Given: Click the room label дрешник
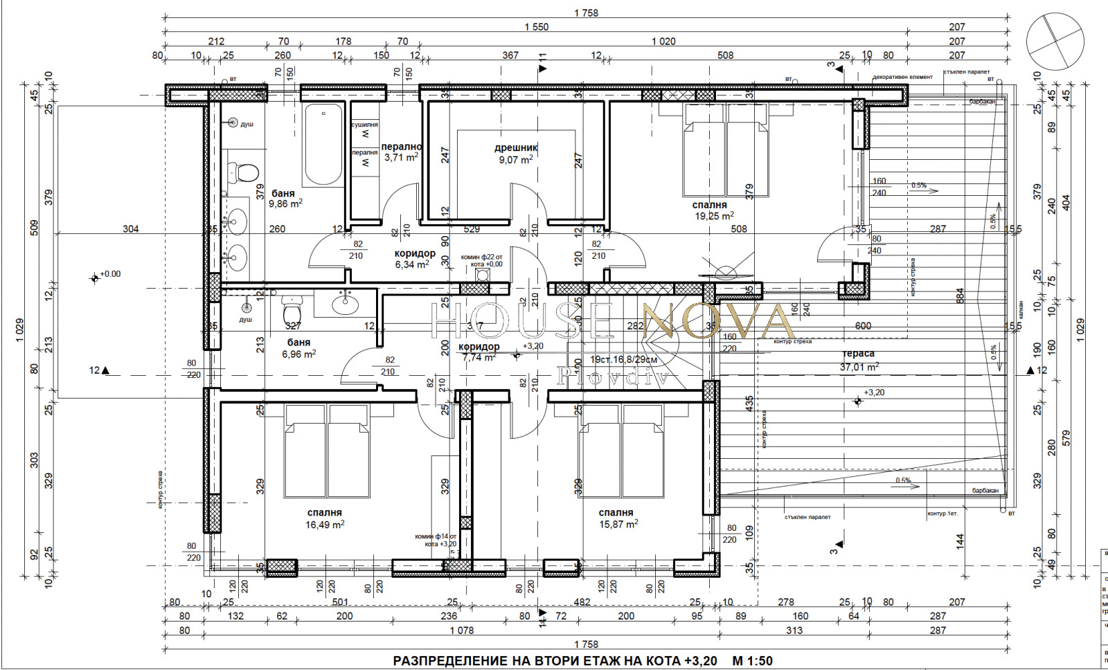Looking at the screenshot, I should pyautogui.click(x=516, y=147).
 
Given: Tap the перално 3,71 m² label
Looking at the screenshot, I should pyautogui.click(x=401, y=152).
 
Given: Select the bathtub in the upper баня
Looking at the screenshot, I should pyautogui.click(x=323, y=145).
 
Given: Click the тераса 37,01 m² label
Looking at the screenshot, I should pyautogui.click(x=859, y=360).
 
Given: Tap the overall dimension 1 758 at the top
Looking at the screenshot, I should pyautogui.click(x=586, y=12).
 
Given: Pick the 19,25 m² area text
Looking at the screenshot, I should pyautogui.click(x=714, y=216).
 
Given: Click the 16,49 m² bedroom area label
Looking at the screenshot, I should pyautogui.click(x=325, y=525).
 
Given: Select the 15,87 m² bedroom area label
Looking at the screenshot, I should pyautogui.click(x=618, y=525).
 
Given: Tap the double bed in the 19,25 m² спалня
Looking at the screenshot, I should pyautogui.click(x=726, y=150).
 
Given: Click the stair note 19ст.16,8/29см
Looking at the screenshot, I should pyautogui.click(x=624, y=360).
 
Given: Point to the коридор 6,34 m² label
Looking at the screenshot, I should pyautogui.click(x=414, y=259).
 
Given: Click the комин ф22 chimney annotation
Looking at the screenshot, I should pyautogui.click(x=482, y=260).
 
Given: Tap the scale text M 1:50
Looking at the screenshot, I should pyautogui.click(x=752, y=660).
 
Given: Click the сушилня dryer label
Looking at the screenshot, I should pyautogui.click(x=364, y=125).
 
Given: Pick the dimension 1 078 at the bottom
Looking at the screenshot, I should pyautogui.click(x=461, y=630).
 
